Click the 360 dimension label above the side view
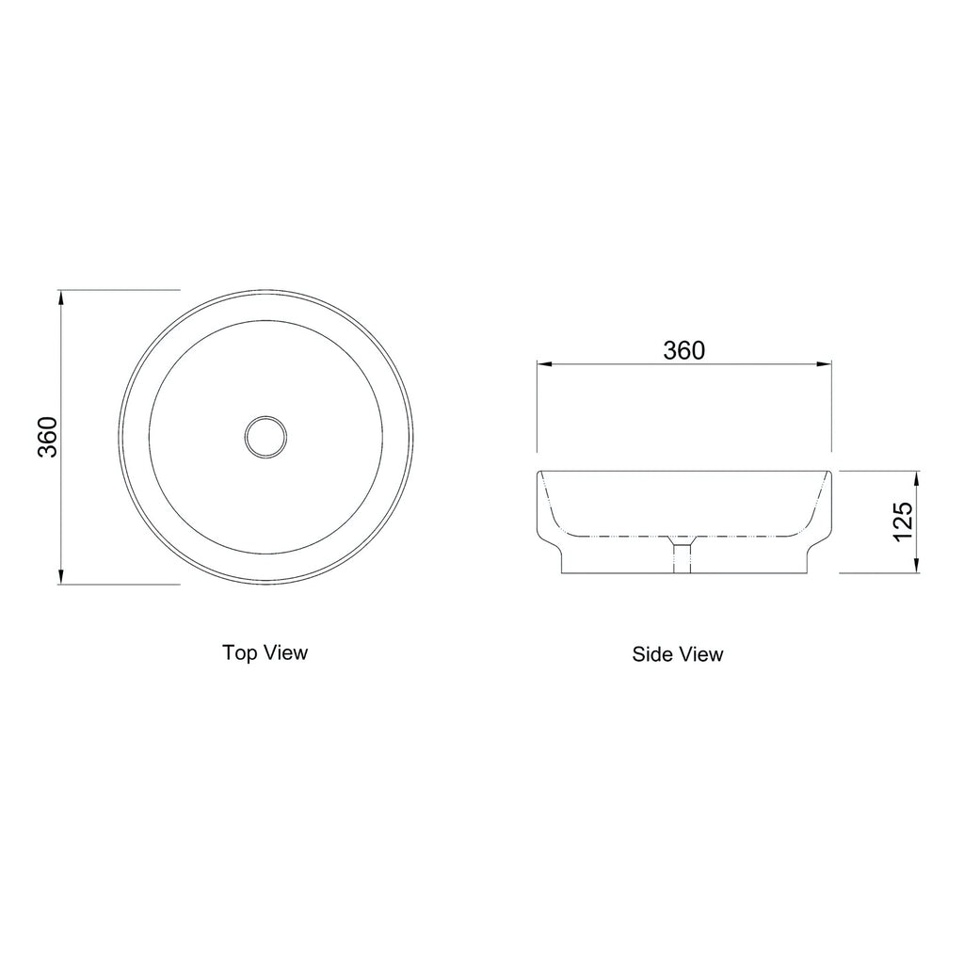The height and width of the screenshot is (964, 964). (683, 350)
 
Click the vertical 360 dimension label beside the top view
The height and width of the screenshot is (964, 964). (47, 437)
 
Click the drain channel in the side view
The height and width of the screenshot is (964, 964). (682, 555)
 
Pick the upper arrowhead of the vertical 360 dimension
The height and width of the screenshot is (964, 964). (61, 297)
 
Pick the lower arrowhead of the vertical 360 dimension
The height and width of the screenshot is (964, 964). (61, 576)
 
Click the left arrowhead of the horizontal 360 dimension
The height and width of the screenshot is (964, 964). (546, 364)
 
